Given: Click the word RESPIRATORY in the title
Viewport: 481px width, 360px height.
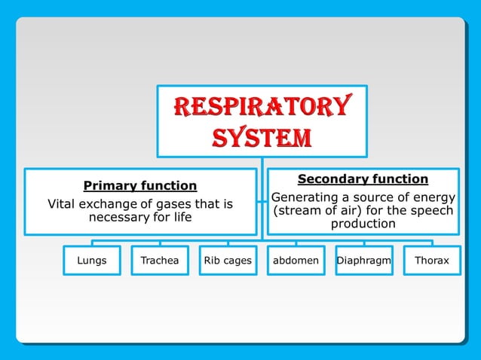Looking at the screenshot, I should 262,108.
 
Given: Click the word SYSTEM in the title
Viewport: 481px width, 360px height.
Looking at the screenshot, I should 262,138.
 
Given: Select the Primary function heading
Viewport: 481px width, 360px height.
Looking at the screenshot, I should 140,185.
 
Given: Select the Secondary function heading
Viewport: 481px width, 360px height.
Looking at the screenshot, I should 363,179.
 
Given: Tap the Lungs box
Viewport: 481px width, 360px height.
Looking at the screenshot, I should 92,261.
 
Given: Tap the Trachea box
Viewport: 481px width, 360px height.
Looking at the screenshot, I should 160,261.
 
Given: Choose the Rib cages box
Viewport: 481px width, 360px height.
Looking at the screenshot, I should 228,261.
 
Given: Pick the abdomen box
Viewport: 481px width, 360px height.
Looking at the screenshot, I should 296,261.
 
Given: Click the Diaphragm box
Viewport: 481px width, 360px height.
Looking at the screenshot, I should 363,261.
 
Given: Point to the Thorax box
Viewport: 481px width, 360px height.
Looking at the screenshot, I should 432,261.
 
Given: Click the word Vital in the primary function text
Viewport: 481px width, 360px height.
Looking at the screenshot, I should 61,204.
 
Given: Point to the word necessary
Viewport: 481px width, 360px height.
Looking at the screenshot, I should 119,218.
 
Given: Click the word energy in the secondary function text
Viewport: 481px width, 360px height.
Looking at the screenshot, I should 435,197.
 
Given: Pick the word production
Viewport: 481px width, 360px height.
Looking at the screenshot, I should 363,224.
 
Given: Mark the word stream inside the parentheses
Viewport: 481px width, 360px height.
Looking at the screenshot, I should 296,211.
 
